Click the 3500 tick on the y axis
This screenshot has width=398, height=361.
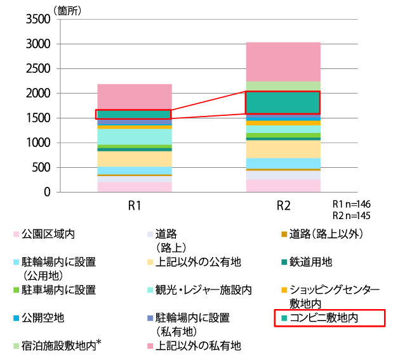(37, 20)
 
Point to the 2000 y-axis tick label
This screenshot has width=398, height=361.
(37, 94)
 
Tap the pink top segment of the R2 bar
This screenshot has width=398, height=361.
(283, 61)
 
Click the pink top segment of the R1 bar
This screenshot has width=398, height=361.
(134, 96)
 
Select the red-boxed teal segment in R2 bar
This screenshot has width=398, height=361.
(283, 103)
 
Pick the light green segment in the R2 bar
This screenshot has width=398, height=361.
(283, 86)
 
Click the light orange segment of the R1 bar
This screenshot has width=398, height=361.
(134, 159)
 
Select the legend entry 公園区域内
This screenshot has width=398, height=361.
(48, 234)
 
